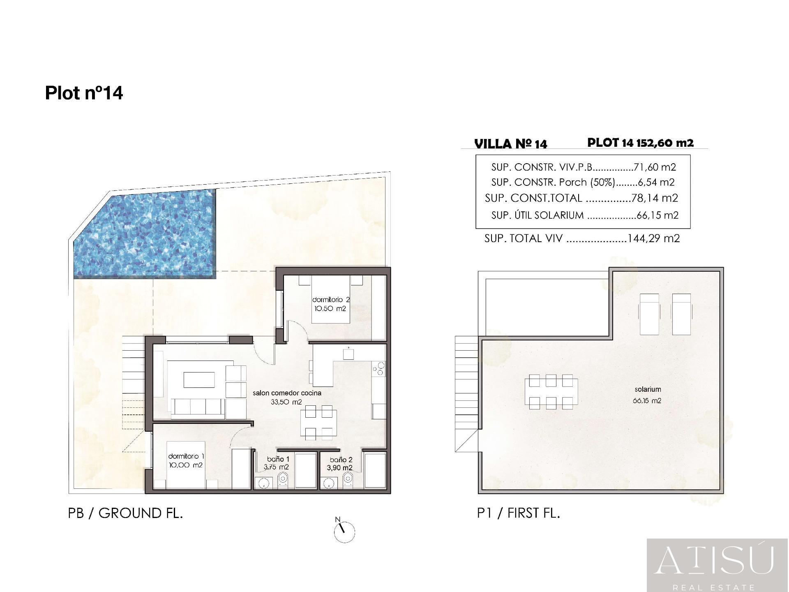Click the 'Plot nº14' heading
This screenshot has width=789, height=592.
84,93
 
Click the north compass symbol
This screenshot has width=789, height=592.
344,532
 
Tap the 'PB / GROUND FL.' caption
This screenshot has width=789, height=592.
125,513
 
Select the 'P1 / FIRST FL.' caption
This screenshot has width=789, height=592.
519,513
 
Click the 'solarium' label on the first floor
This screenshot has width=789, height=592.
648,389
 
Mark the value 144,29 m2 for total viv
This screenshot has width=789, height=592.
653,238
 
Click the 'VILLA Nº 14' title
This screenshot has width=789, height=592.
510,144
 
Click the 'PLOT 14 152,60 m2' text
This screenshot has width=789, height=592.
640,143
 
